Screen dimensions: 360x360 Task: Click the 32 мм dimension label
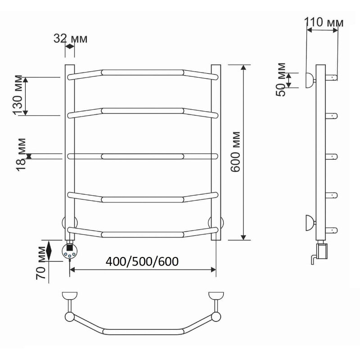click(71, 39)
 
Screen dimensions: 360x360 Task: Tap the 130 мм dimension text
click(18, 95)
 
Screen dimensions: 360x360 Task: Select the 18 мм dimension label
click(21, 155)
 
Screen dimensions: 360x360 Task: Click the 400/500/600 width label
click(142, 261)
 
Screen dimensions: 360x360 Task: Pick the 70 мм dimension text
click(41, 263)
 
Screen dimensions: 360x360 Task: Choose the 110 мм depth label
click(324, 22)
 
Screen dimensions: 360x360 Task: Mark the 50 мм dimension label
click(280, 80)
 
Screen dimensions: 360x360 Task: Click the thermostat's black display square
click(70, 248)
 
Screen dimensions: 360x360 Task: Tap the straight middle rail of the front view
click(143, 156)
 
